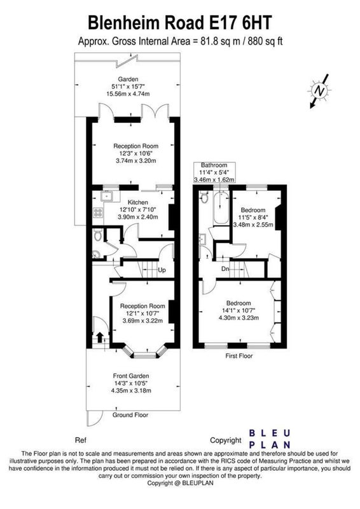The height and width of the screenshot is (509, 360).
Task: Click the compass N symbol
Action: pos(320,90)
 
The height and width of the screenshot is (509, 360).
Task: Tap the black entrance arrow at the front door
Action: pos(100,337)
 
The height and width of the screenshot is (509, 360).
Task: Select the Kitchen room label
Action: pos(137,202)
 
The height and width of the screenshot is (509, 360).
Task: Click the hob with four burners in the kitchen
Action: pos(98,213)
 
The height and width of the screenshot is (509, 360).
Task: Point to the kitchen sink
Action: pos(106,196)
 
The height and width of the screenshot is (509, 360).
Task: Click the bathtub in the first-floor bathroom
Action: pos(221,207)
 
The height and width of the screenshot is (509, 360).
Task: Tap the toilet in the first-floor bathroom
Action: pos(204,197)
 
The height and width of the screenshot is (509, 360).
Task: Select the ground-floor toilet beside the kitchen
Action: pos(98,235)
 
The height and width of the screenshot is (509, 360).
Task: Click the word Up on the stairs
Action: pos(162,270)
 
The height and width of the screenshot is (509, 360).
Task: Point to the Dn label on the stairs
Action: pos(225,269)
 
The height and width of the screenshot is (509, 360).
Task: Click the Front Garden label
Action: pos(131,376)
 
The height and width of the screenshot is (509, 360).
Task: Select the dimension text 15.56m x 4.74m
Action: pos(128,94)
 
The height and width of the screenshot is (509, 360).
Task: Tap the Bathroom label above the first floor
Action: pos(214,165)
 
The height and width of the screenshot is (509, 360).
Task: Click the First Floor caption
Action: pos(239,356)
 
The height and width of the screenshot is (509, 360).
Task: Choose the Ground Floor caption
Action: pos(130,415)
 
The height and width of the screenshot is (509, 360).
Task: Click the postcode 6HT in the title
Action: pos(256,23)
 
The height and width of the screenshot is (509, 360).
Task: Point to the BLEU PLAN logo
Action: pos(269,439)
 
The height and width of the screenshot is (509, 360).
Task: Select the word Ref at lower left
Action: pos(81,440)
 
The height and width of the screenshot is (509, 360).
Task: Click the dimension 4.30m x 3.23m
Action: pos(239,317)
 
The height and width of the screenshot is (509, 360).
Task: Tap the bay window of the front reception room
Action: pos(145,353)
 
